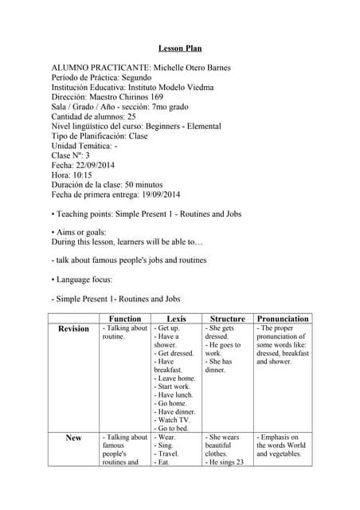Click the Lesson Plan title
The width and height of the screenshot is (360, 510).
click(x=180, y=49)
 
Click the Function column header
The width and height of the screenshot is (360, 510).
click(x=125, y=319)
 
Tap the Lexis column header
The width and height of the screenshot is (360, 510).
click(x=176, y=319)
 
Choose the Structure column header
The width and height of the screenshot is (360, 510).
click(x=227, y=319)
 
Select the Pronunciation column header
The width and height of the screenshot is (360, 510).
click(x=282, y=319)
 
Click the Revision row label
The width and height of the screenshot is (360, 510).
click(x=74, y=329)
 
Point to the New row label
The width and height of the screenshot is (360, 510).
click(x=73, y=437)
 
